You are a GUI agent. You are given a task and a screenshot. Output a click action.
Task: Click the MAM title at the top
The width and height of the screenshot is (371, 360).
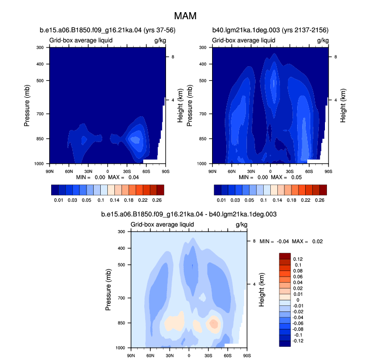185,16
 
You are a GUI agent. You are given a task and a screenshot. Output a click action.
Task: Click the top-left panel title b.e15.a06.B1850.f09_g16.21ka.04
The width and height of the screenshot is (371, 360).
91,30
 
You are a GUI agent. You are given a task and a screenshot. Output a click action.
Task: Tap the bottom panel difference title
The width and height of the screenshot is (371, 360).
189,214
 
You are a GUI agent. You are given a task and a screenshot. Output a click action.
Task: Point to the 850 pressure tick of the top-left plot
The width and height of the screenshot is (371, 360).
40,139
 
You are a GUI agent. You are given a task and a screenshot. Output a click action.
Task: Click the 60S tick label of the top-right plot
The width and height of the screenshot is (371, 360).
309,171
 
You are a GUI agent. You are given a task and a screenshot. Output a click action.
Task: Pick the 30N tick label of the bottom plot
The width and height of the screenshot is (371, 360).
170,355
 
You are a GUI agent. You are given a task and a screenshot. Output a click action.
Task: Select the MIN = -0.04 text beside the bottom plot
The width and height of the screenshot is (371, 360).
274,241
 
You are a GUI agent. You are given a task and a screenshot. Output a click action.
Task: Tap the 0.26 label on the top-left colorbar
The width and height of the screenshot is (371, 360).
157,200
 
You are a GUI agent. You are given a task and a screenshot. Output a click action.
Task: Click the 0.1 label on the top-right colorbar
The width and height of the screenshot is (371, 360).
264,200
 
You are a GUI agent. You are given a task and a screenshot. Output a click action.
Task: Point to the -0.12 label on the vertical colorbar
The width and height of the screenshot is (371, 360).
298,341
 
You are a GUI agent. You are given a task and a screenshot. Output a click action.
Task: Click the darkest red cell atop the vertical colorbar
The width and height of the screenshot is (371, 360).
285,256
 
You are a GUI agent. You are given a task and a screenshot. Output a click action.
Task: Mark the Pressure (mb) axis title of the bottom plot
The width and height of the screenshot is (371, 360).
108,290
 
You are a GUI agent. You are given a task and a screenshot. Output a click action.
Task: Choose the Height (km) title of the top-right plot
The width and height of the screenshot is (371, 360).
343,106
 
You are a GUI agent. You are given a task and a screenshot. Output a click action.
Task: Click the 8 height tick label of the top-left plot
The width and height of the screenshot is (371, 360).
173,57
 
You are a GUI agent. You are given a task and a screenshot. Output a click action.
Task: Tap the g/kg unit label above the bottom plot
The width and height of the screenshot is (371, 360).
241,224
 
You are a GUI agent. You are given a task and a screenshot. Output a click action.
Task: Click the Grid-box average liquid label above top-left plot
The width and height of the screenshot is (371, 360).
81,40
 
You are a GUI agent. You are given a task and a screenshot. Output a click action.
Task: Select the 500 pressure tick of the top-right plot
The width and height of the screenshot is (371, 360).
203,80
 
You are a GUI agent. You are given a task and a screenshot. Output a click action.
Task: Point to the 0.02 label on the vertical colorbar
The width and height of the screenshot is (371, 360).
298,288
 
